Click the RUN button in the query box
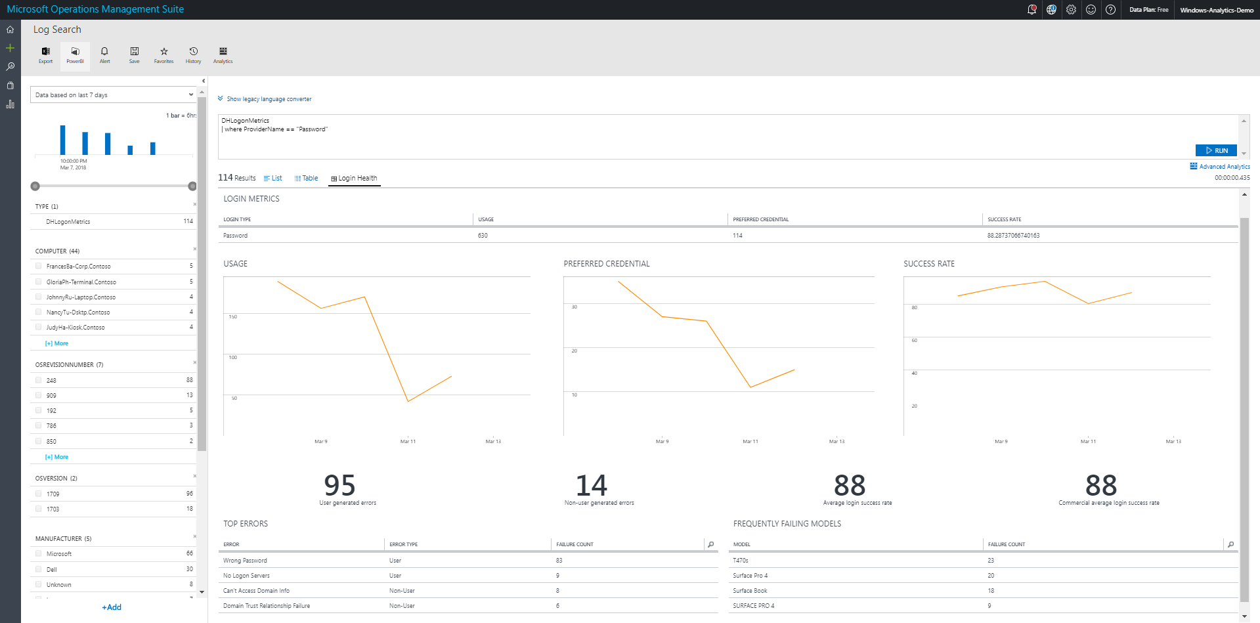coord(1216,150)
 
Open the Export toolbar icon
coord(45,54)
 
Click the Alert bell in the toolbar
coord(104,54)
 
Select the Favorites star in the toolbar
coord(163,54)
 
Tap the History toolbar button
coord(193,54)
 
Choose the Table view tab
coord(307,179)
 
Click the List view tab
coord(273,179)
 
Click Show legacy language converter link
coord(269,99)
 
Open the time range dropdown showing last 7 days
coord(114,95)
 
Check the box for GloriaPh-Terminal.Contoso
coord(39,282)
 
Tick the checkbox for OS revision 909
coord(39,395)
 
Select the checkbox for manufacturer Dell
coord(39,569)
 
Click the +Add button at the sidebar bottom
coord(112,607)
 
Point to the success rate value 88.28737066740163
coord(1013,236)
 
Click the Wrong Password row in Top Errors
coord(245,561)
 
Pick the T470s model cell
coord(741,561)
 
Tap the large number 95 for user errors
coord(339,486)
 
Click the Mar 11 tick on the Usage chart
coord(408,442)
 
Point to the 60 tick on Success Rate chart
coord(915,341)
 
